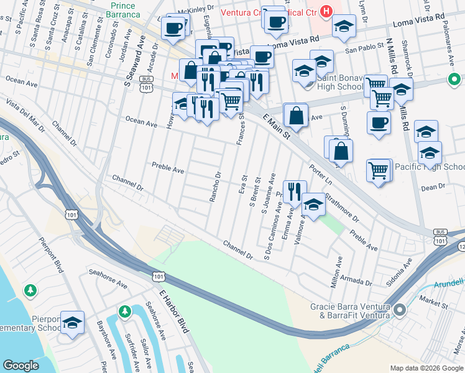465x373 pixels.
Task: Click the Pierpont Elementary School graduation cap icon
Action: (73, 322)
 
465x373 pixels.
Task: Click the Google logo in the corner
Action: (21, 366)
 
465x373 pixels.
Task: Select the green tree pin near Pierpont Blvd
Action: (30, 290)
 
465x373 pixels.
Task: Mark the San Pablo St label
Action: (362, 48)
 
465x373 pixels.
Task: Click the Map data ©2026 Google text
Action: (426, 368)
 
